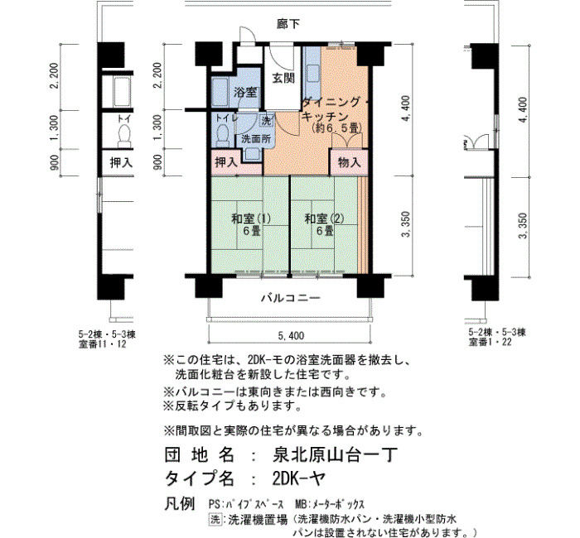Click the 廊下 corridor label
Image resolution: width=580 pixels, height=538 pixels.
pyautogui.click(x=288, y=24)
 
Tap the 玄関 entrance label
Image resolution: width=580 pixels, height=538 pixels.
pyautogui.click(x=283, y=79)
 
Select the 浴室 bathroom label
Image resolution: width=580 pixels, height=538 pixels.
pyautogui.click(x=245, y=92)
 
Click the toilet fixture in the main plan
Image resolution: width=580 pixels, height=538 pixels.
pyautogui.click(x=222, y=135)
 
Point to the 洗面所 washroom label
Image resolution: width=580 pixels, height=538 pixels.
pyautogui.click(x=256, y=139)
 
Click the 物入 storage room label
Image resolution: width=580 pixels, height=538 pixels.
pyautogui.click(x=349, y=162)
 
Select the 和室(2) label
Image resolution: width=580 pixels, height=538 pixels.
pyautogui.click(x=324, y=219)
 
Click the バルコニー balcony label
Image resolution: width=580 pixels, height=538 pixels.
pyautogui.click(x=291, y=298)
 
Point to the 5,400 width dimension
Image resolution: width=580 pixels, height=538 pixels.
pyautogui.click(x=291, y=335)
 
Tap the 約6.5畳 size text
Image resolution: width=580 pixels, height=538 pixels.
pyautogui.click(x=336, y=128)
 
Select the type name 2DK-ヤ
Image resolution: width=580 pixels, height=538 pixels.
pyautogui.click(x=299, y=479)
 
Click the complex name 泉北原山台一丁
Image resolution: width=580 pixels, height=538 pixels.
pyautogui.click(x=335, y=454)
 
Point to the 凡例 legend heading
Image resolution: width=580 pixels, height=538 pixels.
pyautogui.click(x=180, y=503)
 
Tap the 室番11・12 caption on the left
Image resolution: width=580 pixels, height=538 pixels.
pyautogui.click(x=103, y=344)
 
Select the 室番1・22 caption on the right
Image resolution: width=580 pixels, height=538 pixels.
pyautogui.click(x=490, y=342)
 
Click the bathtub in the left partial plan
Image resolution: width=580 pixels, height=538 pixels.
pyautogui.click(x=122, y=92)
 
